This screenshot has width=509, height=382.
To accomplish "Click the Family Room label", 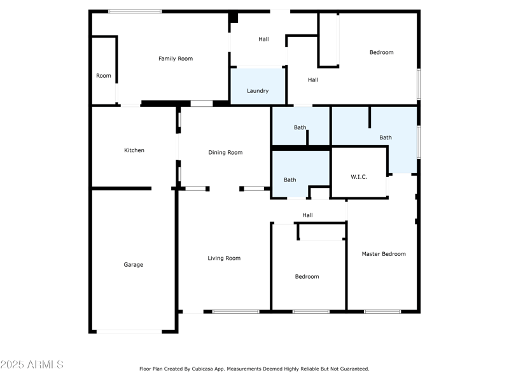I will tap(176, 59).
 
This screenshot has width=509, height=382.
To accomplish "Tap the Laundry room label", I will tap(258, 91).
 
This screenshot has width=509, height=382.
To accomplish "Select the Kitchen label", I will tap(134, 150).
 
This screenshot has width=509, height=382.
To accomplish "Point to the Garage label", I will tap(134, 265).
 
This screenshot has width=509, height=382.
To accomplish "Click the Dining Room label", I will tap(226, 153).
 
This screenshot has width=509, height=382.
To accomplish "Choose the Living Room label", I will tap(224, 258).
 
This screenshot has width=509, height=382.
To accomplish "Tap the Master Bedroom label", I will tap(384, 254).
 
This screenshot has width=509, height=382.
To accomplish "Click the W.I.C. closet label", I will tap(359, 177).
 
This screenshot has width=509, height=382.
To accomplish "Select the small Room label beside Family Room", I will tap(104, 76).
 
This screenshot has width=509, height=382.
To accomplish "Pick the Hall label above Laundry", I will tap(263, 39).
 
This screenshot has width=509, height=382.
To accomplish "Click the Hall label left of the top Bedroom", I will tap(313, 80).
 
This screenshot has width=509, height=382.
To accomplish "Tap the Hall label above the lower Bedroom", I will tap(307, 215).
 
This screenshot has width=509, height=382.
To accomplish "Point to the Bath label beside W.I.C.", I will tap(290, 180).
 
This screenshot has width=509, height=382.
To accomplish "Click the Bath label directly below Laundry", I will tap(300, 127).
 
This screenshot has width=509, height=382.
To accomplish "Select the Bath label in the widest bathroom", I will tap(386, 138).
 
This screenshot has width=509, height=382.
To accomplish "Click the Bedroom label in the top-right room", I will tap(382, 52).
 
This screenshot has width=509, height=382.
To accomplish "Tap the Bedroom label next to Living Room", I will tap(307, 277).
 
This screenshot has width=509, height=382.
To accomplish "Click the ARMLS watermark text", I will tap(32, 365).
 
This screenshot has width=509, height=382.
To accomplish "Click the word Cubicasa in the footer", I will tap(216, 369).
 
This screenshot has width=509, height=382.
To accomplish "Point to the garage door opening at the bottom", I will tap(129, 331).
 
